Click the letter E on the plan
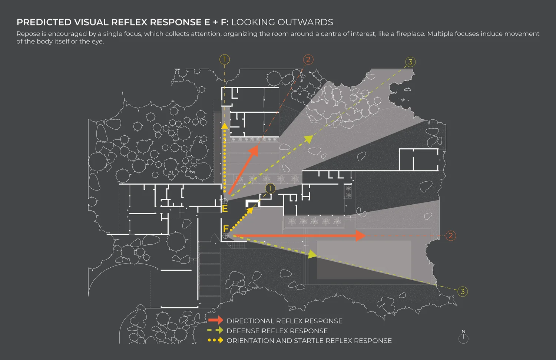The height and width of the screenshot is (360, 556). point(225,209)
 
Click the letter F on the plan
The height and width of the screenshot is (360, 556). point(226,229)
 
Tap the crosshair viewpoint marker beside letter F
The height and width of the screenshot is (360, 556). point(225,236)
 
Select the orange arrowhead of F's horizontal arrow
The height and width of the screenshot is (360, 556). point(360,235)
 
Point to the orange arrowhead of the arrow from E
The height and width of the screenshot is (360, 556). point(254,150)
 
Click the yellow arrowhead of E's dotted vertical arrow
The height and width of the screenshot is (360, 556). point(225,126)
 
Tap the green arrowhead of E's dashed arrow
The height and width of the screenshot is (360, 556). point(308,139)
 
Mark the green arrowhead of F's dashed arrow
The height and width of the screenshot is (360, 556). point(312,254)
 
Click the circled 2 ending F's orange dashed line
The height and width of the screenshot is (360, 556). point(451,235)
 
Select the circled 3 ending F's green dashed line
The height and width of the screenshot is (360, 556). point(462,291)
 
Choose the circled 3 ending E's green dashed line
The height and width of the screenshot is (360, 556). point(410,62)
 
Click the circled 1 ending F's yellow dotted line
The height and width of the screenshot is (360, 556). point(270,188)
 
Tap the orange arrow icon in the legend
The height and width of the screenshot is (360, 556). point(216,320)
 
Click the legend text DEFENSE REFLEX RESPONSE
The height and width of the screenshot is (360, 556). point(277,331)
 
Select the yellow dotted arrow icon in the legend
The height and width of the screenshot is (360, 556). point(216,340)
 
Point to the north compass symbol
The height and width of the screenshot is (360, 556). point(463,337)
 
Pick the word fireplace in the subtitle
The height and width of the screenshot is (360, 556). point(410,34)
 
